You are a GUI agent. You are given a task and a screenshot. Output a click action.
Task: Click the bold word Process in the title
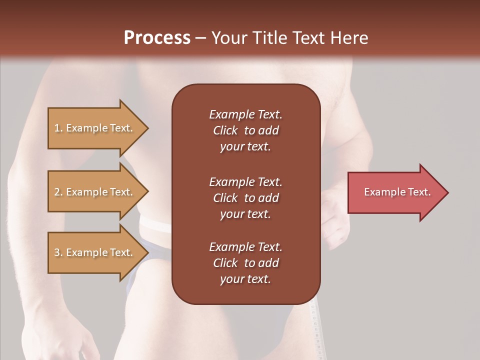[157, 38]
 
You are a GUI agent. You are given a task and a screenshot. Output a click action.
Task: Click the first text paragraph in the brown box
[245, 130]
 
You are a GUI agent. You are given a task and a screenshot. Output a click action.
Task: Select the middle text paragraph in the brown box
[245, 198]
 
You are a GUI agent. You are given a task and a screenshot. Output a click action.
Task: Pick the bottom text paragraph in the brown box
[245, 263]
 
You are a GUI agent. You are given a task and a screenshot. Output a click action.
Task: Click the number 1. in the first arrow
[58, 128]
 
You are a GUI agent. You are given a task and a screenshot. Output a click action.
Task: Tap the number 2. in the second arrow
[58, 192]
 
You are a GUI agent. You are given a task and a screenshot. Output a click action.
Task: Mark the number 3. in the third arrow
[58, 252]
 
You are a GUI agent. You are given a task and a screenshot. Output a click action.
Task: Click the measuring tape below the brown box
[314, 325]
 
